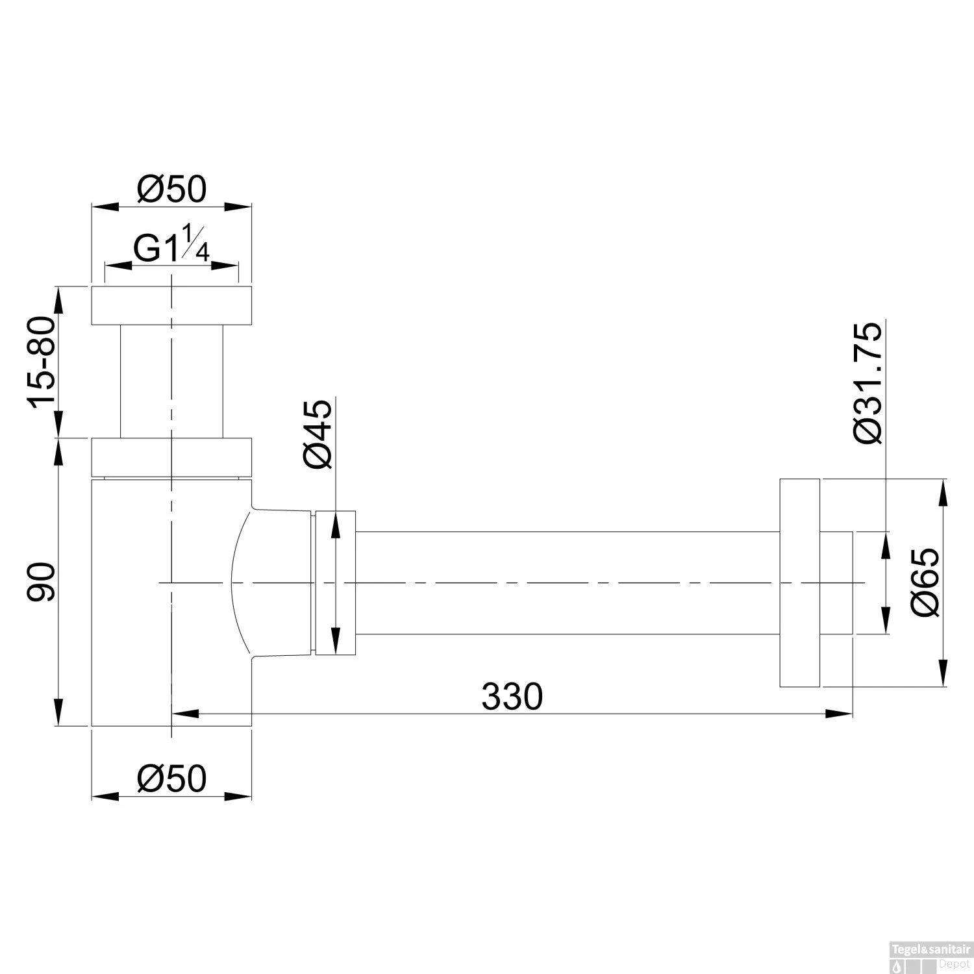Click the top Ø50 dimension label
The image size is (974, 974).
(x=171, y=190)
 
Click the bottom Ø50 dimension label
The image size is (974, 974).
(x=171, y=778)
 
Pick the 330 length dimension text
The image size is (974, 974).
(x=512, y=697)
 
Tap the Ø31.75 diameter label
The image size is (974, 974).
(x=869, y=382)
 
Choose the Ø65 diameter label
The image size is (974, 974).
(x=925, y=582)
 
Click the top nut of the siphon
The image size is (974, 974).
(x=171, y=305)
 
